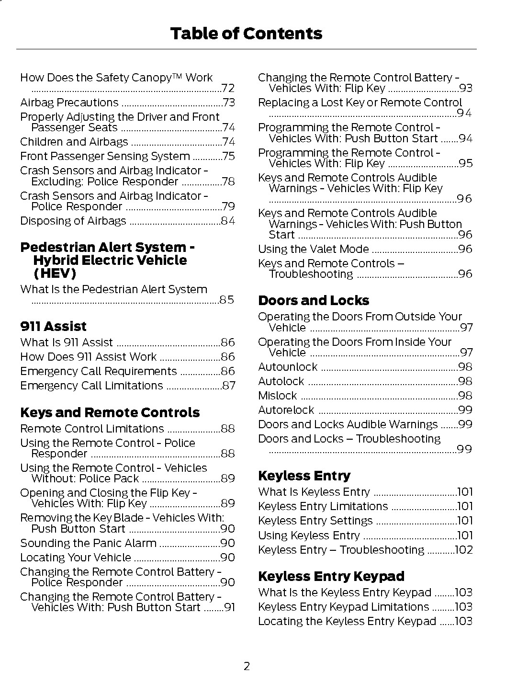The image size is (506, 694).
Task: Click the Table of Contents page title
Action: pos(246,34)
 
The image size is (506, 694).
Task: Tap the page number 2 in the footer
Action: pos(247,666)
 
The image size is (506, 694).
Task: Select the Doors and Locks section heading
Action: pos(314,300)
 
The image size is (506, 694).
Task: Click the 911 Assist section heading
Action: pos(53,326)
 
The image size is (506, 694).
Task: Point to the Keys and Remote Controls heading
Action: pos(110,412)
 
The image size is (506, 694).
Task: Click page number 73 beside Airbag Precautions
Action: pos(229,102)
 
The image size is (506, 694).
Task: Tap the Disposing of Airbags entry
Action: pos(73,221)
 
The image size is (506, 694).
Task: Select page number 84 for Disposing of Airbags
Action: pos(228,221)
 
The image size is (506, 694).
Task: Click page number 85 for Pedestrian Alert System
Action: pos(227,300)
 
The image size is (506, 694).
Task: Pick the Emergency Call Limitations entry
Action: pos(91,386)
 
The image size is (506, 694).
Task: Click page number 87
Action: pos(229,386)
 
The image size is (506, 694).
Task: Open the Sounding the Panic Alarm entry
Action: pos(88,543)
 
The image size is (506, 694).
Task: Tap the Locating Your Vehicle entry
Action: pos(76,557)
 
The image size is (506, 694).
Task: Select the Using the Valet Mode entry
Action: pos(313,249)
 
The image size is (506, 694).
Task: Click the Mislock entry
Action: pos(277,396)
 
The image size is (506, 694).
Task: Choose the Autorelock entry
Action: pos(286,410)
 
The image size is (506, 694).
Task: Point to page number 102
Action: pos(463,550)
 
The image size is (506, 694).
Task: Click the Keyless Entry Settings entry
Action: pos(315,521)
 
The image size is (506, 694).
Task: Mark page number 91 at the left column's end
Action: pos(230,607)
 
